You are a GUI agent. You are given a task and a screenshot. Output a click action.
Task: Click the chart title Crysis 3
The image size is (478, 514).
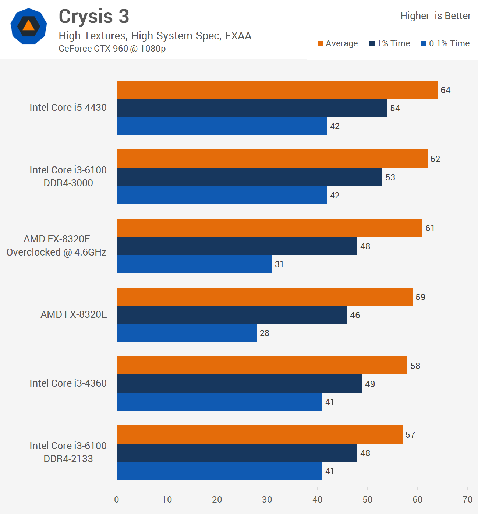94,17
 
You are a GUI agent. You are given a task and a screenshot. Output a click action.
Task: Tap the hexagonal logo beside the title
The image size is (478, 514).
29,26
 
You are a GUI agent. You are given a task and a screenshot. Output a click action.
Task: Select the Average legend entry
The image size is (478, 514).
337,43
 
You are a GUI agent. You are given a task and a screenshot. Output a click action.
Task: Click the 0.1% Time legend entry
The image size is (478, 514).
445,43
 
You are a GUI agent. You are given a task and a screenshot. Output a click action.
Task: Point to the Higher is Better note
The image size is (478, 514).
435,16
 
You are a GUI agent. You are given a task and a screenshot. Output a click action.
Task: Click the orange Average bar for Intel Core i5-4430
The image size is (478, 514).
277,90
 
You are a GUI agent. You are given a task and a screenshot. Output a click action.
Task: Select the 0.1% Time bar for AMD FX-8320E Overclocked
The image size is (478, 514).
194,264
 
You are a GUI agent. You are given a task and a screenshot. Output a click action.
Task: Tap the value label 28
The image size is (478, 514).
265,333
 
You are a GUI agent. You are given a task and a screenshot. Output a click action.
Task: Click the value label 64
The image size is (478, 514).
445,90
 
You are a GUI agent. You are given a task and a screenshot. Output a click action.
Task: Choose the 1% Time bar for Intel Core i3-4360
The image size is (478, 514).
240,384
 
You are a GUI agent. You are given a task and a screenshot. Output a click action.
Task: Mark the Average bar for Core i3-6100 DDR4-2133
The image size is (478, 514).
259,434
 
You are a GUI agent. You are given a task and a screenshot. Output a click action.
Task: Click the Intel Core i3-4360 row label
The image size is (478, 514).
68,383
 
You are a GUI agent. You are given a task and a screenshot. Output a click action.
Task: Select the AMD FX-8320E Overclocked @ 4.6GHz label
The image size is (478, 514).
57,246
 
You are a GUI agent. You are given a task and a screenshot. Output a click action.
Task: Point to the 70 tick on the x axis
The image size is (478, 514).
467,500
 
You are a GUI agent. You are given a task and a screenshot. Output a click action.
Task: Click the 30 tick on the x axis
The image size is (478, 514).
267,500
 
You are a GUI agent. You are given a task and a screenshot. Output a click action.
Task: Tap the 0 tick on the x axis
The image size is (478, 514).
117,500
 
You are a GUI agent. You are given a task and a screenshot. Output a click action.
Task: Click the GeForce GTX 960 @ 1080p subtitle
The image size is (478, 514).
112,49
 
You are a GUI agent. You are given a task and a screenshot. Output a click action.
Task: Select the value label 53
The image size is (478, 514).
390,177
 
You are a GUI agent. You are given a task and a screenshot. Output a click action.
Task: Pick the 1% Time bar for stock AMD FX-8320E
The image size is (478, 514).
232,315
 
